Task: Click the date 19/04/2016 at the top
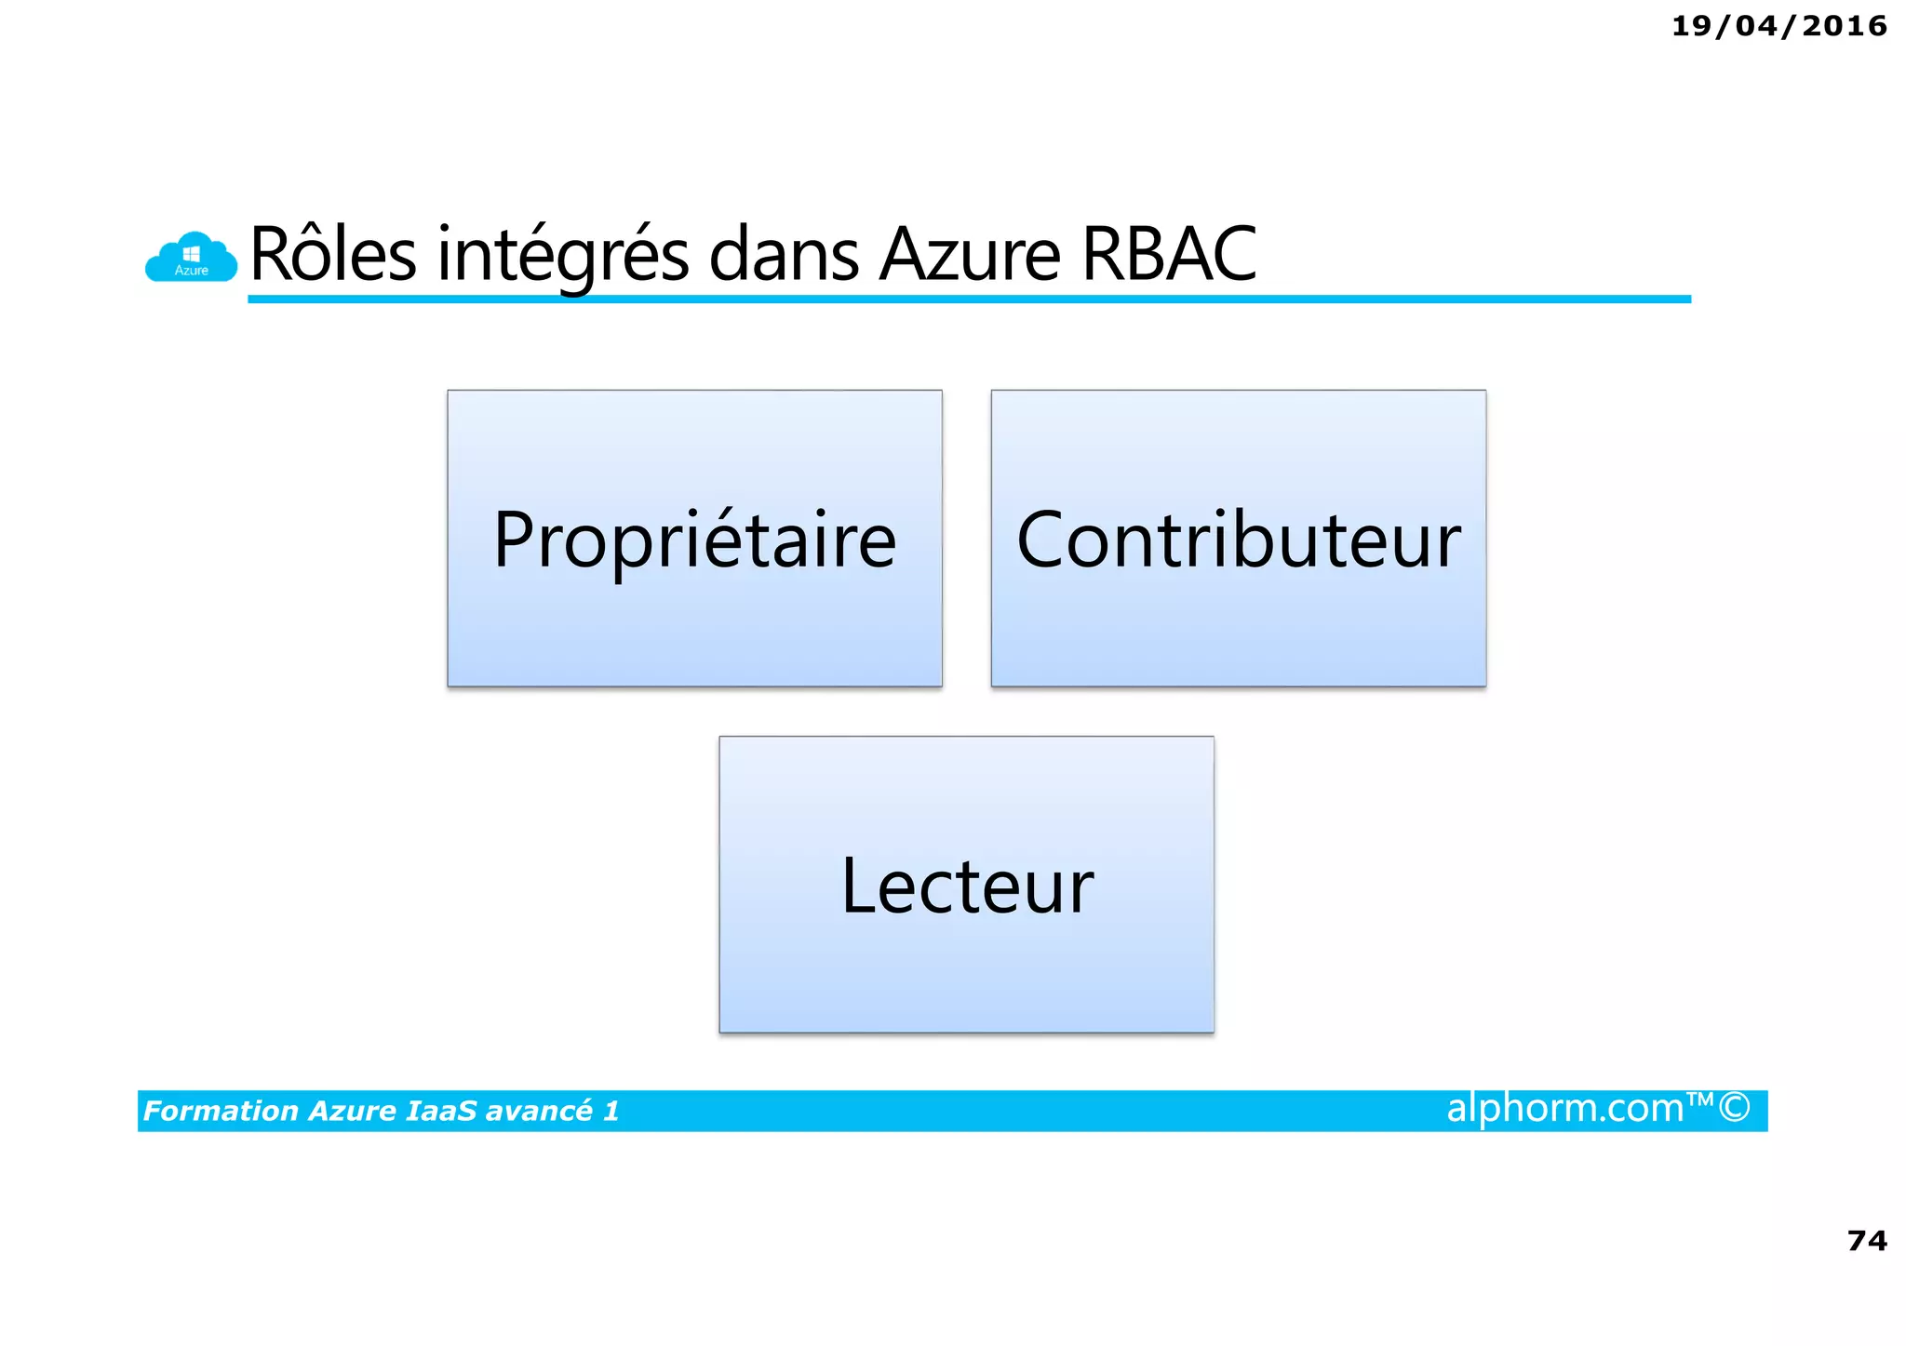pos(1778,26)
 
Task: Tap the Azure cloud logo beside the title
pos(191,257)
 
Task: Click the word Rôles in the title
pos(332,254)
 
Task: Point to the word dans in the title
pos(783,254)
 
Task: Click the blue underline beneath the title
pos(968,299)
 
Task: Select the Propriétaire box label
pos(694,541)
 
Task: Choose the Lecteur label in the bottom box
pos(966,886)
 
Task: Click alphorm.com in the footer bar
pos(1564,1108)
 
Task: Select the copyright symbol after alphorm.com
pos(1734,1108)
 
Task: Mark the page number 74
pos(1866,1241)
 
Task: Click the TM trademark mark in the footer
pos(1700,1099)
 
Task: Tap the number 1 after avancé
pos(611,1111)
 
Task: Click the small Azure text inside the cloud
pos(191,271)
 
